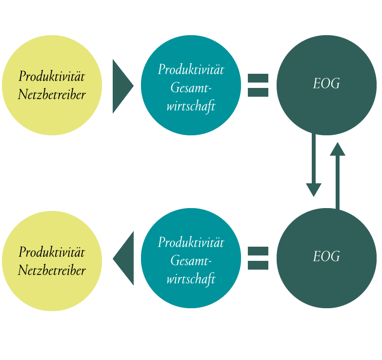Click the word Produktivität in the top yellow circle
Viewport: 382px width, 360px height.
coord(52,76)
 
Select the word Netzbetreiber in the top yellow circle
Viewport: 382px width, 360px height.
coord(52,94)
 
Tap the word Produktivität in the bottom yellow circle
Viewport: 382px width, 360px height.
coord(52,252)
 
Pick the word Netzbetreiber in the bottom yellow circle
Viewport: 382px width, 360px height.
coord(52,270)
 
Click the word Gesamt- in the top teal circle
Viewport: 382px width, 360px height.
coord(191,87)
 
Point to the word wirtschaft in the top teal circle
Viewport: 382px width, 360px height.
coord(191,106)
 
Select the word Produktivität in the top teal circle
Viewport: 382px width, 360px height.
coord(191,69)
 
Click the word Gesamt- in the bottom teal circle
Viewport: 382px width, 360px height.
coord(191,260)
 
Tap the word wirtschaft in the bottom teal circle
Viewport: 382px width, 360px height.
coord(191,279)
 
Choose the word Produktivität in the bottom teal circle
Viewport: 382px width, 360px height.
coord(191,242)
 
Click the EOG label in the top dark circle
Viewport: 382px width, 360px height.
coord(326,84)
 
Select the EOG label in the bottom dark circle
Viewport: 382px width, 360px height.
coord(326,256)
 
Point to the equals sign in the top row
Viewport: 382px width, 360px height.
coord(258,85)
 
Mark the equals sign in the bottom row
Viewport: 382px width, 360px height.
coord(258,258)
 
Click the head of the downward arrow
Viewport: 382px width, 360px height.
coord(314,190)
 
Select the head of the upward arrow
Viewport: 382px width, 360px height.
coord(338,149)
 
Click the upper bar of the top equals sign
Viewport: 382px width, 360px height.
coord(258,78)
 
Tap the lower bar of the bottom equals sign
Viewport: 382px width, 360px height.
coord(258,265)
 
